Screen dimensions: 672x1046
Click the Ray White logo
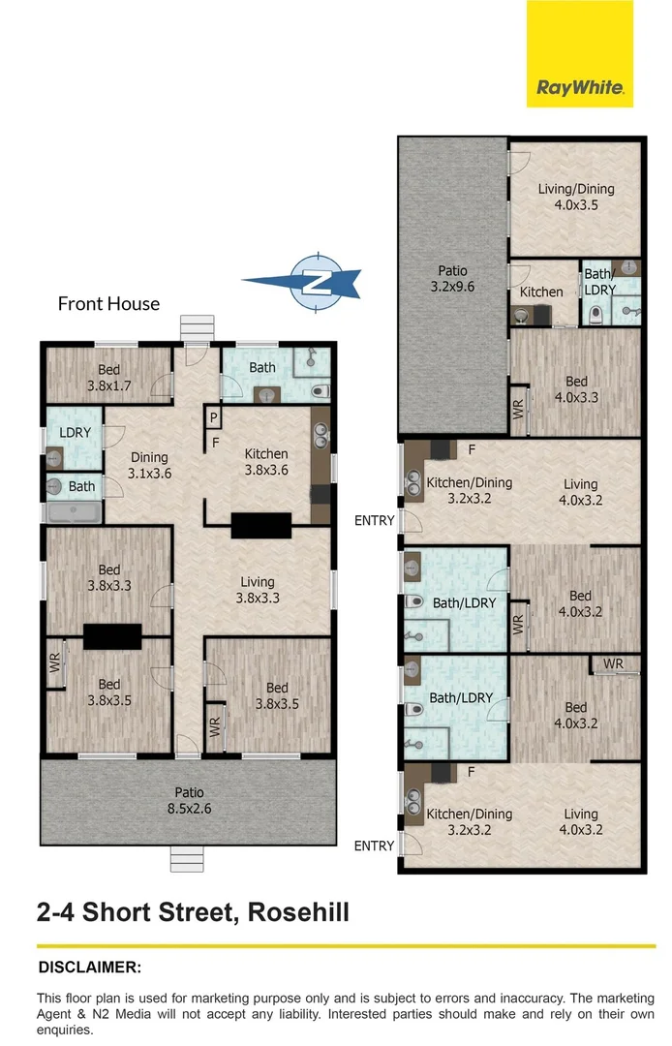click(579, 53)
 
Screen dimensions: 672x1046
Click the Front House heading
click(108, 304)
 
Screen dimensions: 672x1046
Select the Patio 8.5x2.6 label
click(190, 801)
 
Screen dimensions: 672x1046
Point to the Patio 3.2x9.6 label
click(452, 279)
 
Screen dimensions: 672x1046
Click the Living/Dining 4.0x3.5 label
click(576, 197)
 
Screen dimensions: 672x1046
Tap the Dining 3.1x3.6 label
click(149, 465)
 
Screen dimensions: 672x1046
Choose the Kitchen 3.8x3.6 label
click(266, 462)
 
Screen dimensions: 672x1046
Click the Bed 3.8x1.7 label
click(108, 378)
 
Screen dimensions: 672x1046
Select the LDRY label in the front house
click(75, 432)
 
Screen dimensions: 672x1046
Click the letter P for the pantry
click(213, 418)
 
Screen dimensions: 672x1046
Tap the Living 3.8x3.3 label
click(258, 590)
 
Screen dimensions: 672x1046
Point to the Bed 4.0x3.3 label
click(577, 389)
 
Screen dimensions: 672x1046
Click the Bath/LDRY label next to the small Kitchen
click(600, 282)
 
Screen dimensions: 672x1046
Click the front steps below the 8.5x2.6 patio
click(187, 858)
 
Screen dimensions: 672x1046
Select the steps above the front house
click(197, 328)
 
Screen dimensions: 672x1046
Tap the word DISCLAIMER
click(90, 968)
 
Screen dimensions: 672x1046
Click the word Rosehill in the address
click(298, 912)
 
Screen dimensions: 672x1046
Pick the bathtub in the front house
click(74, 512)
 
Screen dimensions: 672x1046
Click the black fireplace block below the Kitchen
click(261, 525)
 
